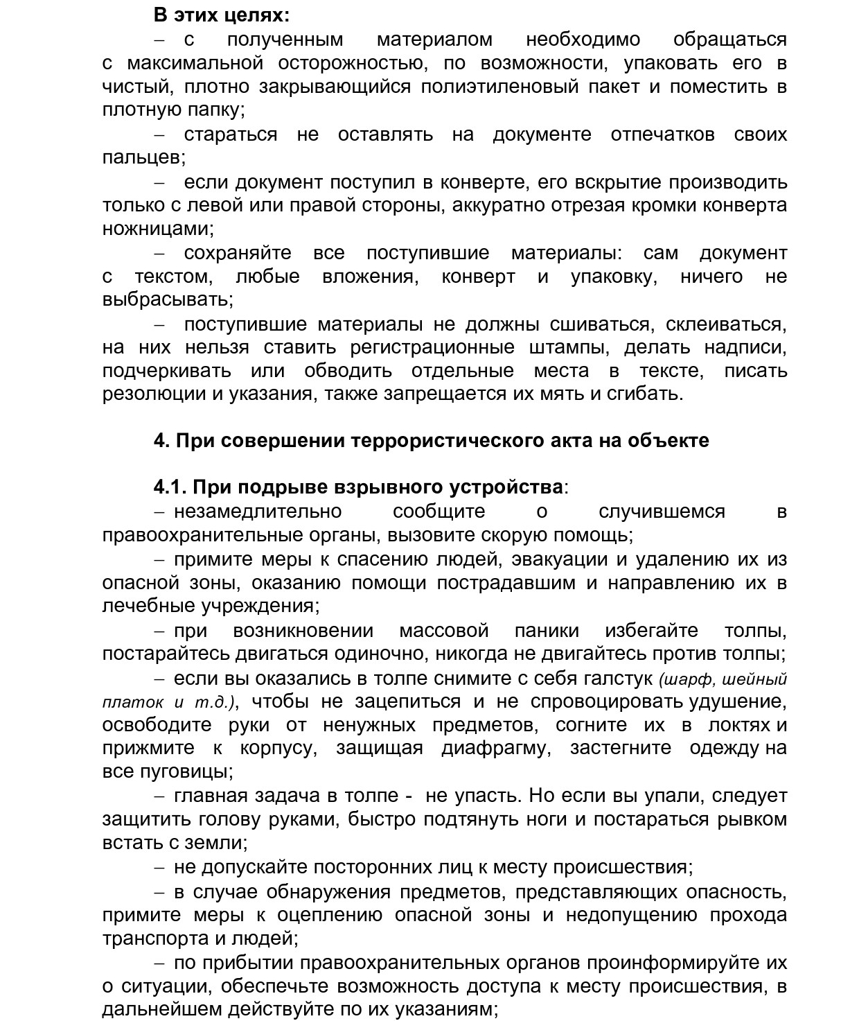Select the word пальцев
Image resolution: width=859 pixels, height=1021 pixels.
pyautogui.click(x=143, y=158)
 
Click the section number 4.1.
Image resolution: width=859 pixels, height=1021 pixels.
pyautogui.click(x=170, y=487)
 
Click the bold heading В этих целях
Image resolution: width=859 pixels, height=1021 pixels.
pyautogui.click(x=222, y=15)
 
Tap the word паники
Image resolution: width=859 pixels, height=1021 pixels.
pyautogui.click(x=547, y=631)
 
